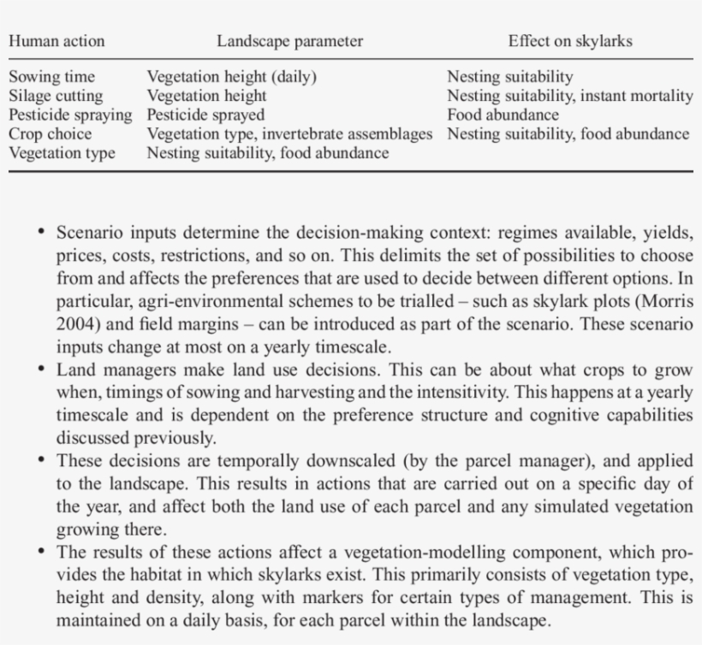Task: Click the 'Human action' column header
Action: (x=57, y=41)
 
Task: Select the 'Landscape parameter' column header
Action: (x=289, y=41)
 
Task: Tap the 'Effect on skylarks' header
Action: (x=570, y=41)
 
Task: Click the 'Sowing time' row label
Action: (x=52, y=77)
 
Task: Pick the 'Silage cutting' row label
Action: (x=56, y=96)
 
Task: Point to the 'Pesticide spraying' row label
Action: (x=71, y=115)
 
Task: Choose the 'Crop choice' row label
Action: (x=51, y=133)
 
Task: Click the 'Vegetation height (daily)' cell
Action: (x=232, y=77)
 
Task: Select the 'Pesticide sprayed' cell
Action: (x=206, y=115)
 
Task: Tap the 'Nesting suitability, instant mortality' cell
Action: (x=570, y=96)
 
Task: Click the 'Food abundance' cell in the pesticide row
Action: (x=503, y=115)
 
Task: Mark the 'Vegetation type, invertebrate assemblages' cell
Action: (x=290, y=133)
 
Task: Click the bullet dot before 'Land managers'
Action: (x=41, y=370)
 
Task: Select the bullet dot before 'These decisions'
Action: (x=41, y=460)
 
